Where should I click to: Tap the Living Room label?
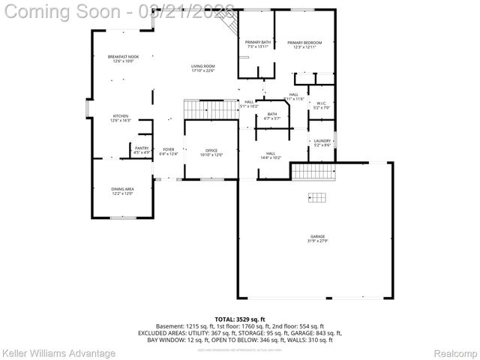click(x=202, y=68)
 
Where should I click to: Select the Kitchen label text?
click(x=121, y=118)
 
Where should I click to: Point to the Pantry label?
click(x=142, y=150)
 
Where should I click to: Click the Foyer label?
click(x=169, y=151)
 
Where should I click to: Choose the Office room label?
click(x=211, y=152)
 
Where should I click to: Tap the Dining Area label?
click(x=123, y=191)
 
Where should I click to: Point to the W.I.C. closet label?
click(x=321, y=106)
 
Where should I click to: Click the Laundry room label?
click(x=322, y=142)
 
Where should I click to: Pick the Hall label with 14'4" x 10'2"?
click(x=271, y=155)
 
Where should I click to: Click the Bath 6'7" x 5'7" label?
click(x=271, y=116)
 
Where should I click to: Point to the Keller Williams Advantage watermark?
click(x=58, y=352)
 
